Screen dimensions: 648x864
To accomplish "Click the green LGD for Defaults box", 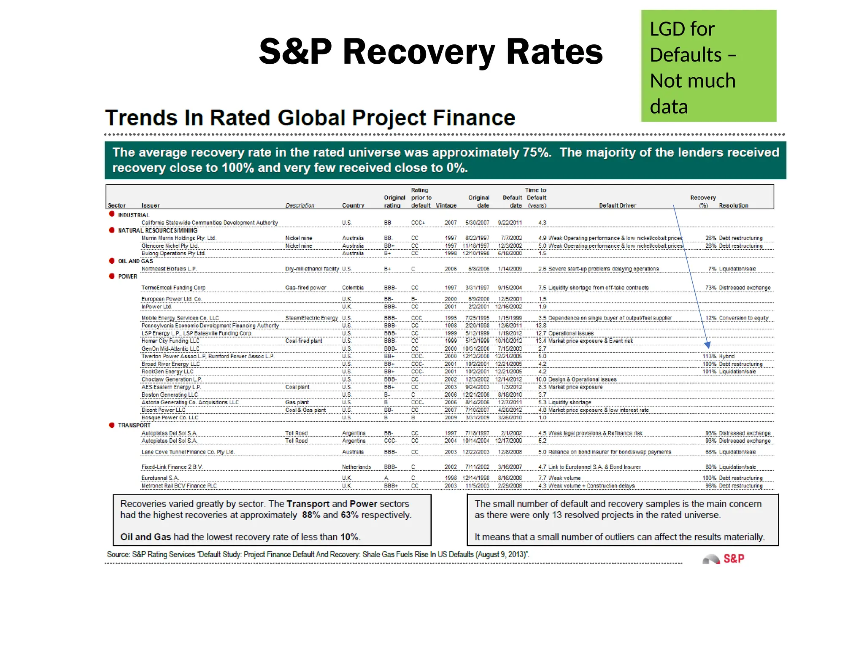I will click(x=708, y=66).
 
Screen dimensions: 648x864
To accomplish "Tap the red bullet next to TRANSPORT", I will click(x=111, y=425).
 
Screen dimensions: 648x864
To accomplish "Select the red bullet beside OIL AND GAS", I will click(x=111, y=261).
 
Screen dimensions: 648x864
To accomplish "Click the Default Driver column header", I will click(x=617, y=205).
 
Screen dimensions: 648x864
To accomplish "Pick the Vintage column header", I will click(x=446, y=205).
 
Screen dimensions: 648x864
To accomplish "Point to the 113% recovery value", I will click(x=709, y=356).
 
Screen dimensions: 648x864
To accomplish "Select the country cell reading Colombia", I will click(x=353, y=288).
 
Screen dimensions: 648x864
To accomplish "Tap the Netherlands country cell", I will click(x=356, y=467).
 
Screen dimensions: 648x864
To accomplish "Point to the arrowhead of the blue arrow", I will click(x=707, y=346).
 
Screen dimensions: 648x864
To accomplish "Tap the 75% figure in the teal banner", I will click(x=537, y=152).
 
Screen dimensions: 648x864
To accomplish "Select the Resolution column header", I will click(x=733, y=205).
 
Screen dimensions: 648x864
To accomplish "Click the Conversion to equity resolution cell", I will click(x=743, y=318).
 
